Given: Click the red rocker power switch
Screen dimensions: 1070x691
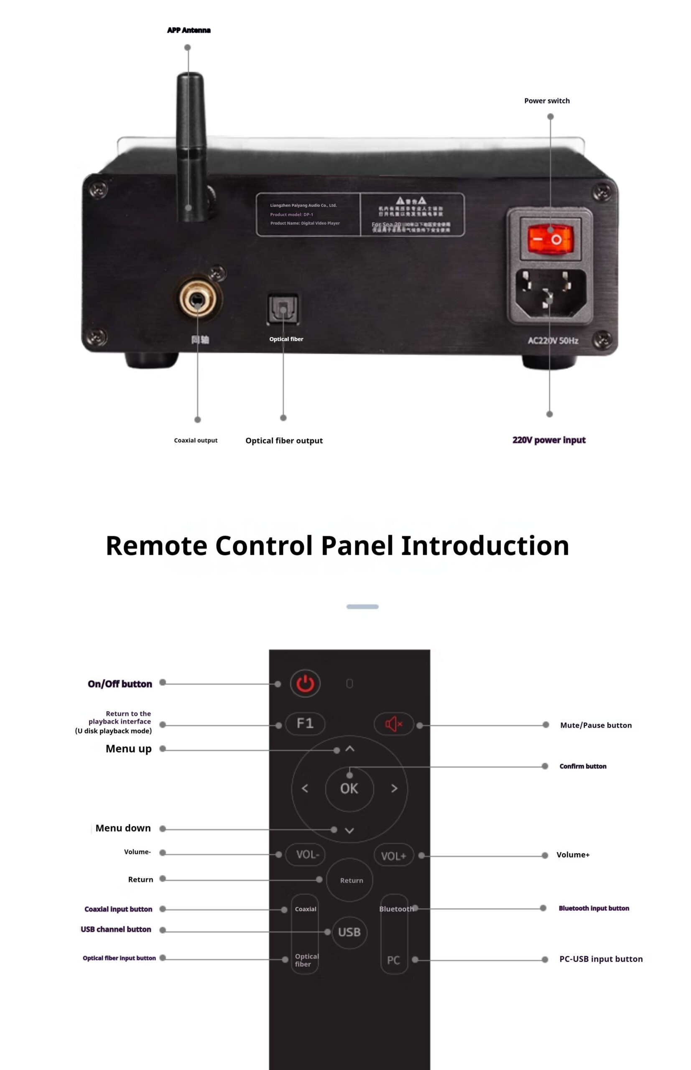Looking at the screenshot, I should tap(550, 239).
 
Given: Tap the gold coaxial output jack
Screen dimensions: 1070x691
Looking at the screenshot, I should tap(197, 299).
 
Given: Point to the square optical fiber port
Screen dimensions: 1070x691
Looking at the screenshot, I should tap(283, 308).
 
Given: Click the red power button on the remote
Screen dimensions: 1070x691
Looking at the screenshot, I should tap(305, 683).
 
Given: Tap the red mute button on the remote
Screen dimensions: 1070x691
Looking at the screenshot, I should tap(393, 724).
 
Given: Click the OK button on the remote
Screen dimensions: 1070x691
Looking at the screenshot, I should tap(349, 788).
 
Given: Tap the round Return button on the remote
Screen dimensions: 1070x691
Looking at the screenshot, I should tap(351, 880).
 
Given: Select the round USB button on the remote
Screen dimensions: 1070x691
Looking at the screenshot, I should tap(349, 932).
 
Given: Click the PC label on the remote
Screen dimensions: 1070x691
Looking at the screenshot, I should tap(393, 960).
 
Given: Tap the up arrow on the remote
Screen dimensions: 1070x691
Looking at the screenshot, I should tap(349, 749).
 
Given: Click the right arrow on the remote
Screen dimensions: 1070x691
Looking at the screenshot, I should tap(394, 788).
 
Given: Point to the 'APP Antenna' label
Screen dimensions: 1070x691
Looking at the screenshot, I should tap(189, 30).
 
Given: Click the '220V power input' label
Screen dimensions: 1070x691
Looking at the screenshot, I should tap(549, 440).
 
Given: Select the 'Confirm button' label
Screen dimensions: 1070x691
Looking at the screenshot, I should tap(582, 766).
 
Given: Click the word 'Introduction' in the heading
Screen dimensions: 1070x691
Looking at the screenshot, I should tap(484, 545).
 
